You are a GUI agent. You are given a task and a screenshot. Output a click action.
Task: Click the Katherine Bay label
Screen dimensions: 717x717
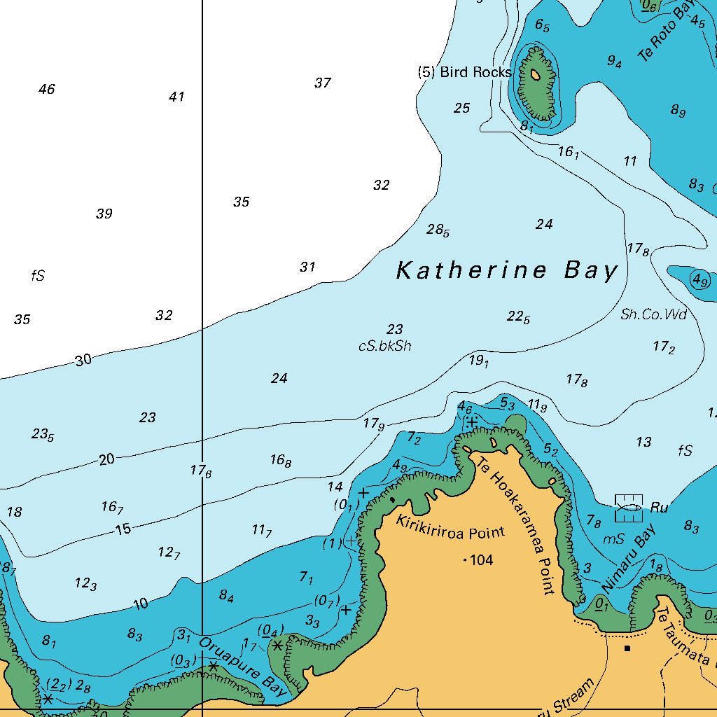507,270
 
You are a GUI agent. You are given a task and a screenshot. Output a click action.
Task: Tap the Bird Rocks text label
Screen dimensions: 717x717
466,72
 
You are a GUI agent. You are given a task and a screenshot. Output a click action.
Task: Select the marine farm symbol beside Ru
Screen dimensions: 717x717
628,508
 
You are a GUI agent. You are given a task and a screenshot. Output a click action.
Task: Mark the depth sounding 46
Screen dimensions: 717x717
46,89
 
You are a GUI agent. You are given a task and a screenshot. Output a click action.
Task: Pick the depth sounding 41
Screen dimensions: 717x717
176,97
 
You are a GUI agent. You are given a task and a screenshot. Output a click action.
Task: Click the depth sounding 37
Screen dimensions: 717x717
322,83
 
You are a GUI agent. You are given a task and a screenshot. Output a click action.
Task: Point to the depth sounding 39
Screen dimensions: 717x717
104,214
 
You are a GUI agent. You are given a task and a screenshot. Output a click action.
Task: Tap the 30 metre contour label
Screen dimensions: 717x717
83,361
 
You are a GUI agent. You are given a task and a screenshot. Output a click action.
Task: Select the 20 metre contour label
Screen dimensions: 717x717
106,459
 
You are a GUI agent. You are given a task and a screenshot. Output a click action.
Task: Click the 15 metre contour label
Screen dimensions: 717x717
123,529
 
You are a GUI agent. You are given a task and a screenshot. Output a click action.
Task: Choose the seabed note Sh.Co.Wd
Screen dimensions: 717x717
653,314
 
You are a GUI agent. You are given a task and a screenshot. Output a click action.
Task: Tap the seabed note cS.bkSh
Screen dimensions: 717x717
384,346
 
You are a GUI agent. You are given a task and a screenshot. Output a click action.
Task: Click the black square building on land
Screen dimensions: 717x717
627,648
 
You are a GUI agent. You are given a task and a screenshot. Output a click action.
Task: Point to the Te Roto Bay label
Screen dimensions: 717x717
665,32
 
